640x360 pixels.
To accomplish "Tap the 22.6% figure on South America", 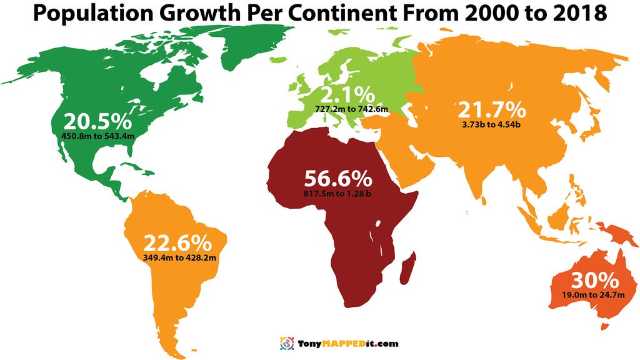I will coord(177,243).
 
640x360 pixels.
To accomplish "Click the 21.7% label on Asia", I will coord(492,110).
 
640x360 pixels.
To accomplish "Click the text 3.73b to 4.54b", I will coord(492,124).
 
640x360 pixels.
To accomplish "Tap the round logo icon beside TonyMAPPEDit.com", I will coord(286,343).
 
